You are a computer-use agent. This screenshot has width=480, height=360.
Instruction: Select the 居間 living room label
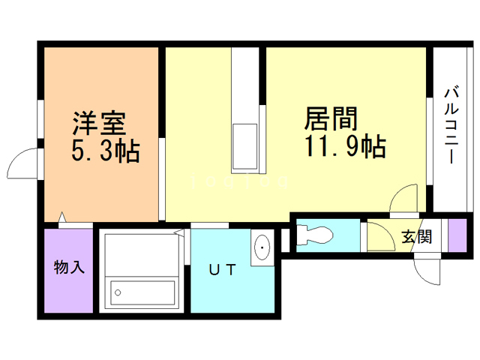pyautogui.click(x=330, y=118)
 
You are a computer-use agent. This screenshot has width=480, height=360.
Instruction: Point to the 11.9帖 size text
pyautogui.click(x=344, y=146)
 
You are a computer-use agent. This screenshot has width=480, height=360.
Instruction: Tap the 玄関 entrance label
pyautogui.click(x=416, y=237)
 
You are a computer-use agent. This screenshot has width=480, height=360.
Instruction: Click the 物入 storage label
pyautogui.click(x=68, y=267)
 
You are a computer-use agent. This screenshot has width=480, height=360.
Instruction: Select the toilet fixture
pyautogui.click(x=315, y=235)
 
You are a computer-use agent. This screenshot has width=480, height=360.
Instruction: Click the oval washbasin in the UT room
pyautogui.click(x=262, y=248)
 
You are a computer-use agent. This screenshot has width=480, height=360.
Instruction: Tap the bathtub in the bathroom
pyautogui.click(x=142, y=292)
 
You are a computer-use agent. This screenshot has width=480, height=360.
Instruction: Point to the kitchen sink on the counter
pyautogui.click(x=245, y=147)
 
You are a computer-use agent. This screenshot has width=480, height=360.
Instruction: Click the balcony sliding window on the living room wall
pyautogui.click(x=430, y=142)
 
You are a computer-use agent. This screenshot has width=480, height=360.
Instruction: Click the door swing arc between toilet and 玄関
pyautogui.click(x=379, y=237)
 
